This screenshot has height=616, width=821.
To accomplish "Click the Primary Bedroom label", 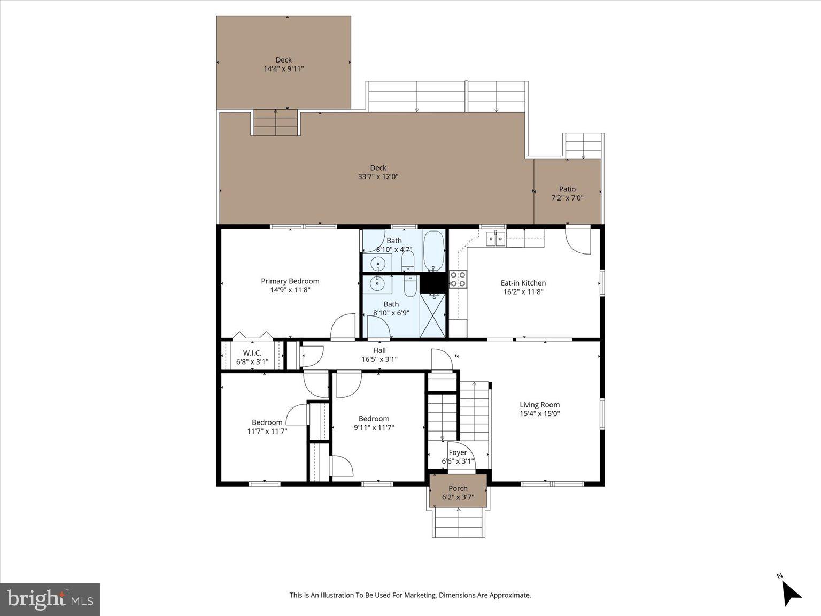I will coord(290,281).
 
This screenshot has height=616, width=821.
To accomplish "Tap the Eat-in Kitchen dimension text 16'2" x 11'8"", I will coord(523,292).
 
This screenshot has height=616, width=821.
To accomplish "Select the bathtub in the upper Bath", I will coord(433,251).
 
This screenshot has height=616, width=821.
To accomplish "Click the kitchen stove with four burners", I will coord(458,280).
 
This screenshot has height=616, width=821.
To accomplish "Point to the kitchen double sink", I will coord(495,238).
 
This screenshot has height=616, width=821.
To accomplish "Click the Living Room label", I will coord(539,405).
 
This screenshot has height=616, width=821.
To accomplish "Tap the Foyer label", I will coord(458,452).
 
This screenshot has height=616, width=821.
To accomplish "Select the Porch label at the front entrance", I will coord(458,488).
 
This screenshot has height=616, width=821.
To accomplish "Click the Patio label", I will coord(567,189).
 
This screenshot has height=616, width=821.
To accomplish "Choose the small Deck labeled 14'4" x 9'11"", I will coord(283,64).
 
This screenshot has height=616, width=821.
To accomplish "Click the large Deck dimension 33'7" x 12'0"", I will coord(378,176).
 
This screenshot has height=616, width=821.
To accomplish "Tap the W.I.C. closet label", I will coord(252,353).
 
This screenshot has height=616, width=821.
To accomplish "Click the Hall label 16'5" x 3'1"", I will coord(379,355).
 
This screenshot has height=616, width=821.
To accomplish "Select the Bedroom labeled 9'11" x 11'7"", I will coord(374,423).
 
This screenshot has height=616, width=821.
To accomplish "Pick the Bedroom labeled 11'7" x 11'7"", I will coord(267,426).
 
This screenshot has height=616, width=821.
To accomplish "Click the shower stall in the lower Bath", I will coord(432,316).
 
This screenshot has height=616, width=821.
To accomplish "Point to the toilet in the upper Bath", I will coord(408,261).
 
